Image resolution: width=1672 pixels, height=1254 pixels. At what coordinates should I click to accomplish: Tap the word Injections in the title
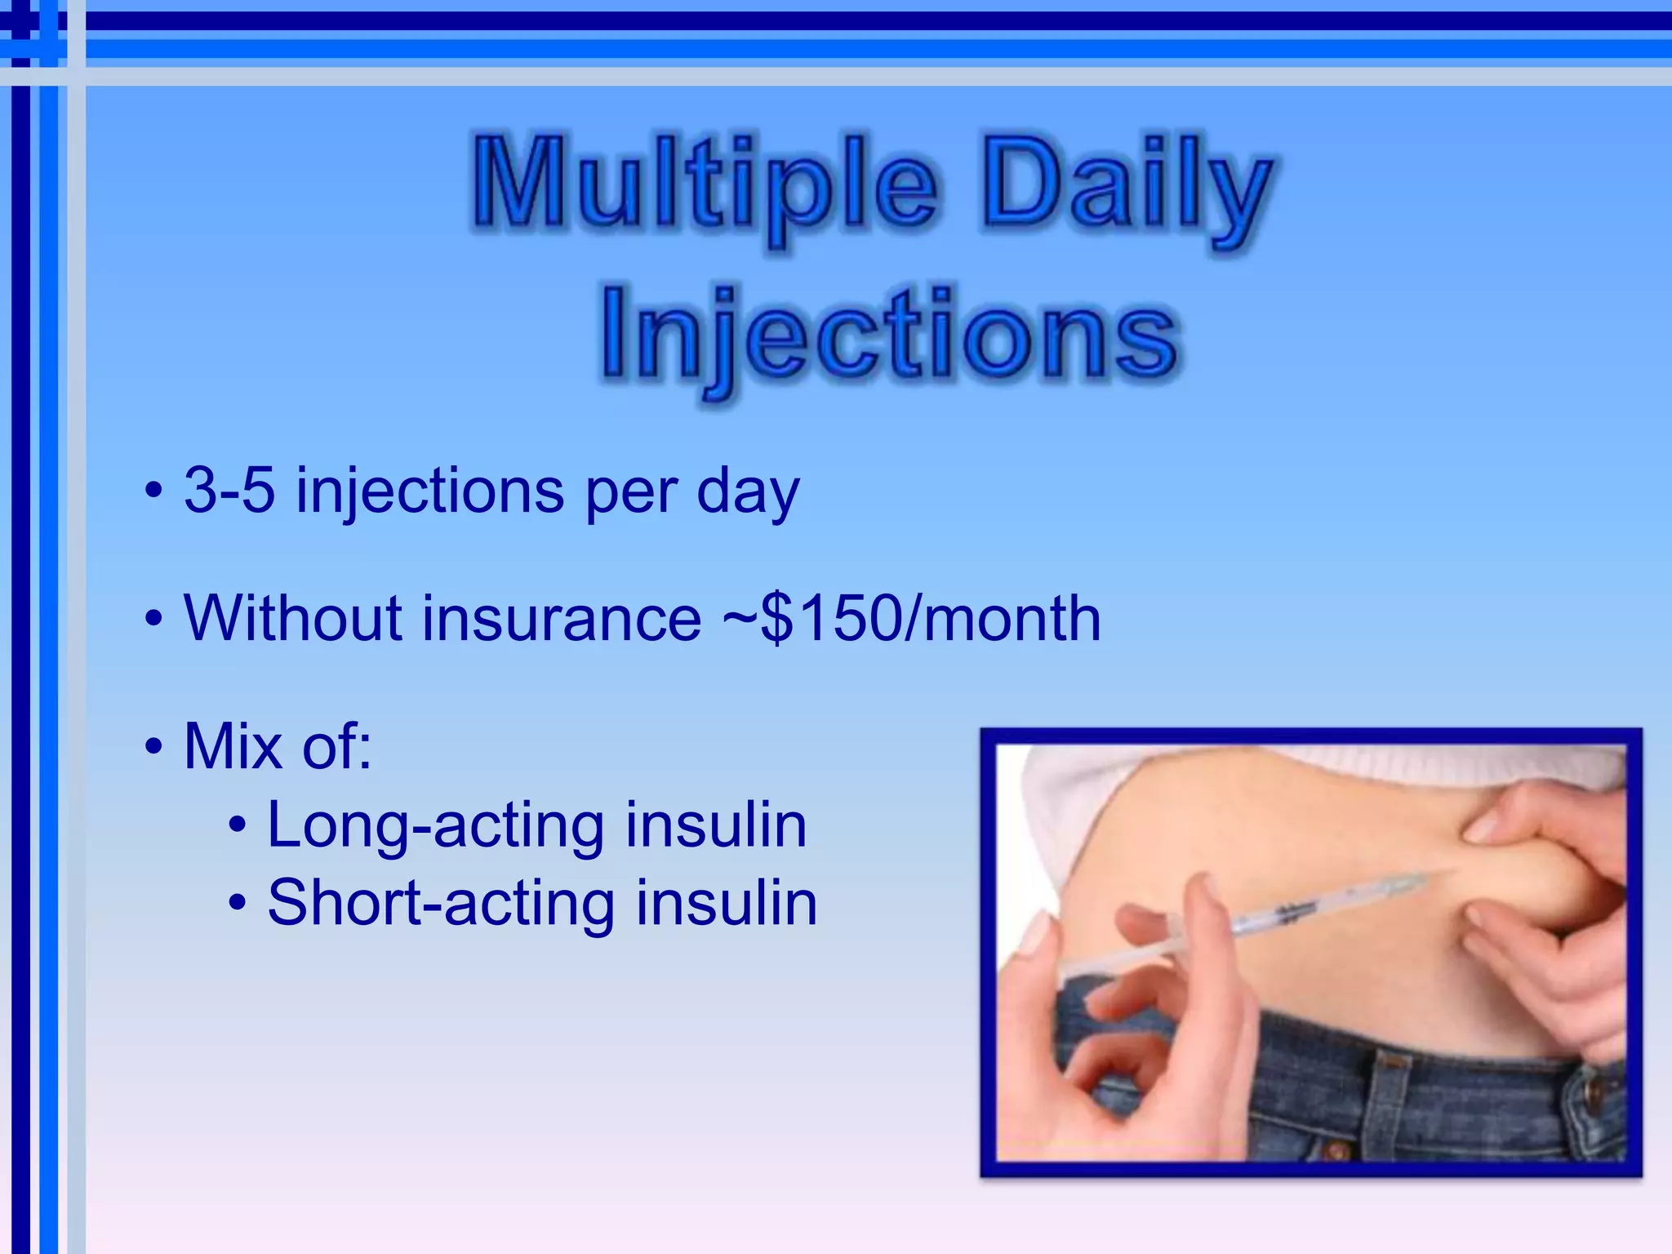click(888, 336)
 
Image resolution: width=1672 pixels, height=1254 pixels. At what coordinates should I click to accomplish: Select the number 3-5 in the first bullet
click(229, 491)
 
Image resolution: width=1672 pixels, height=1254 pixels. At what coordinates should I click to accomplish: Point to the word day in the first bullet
click(747, 492)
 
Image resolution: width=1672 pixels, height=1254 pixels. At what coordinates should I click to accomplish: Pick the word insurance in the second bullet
click(561, 620)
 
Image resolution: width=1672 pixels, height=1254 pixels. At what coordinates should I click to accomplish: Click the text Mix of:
click(278, 745)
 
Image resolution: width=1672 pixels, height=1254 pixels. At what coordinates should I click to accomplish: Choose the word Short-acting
click(441, 903)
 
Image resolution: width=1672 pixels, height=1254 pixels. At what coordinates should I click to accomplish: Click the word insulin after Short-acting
click(726, 903)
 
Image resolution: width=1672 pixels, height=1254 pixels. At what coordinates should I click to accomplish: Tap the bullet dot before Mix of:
click(153, 746)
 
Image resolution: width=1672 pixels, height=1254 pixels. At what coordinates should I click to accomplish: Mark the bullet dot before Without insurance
click(153, 619)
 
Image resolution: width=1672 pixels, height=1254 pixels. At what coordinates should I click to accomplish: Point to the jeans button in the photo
click(1593, 1095)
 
